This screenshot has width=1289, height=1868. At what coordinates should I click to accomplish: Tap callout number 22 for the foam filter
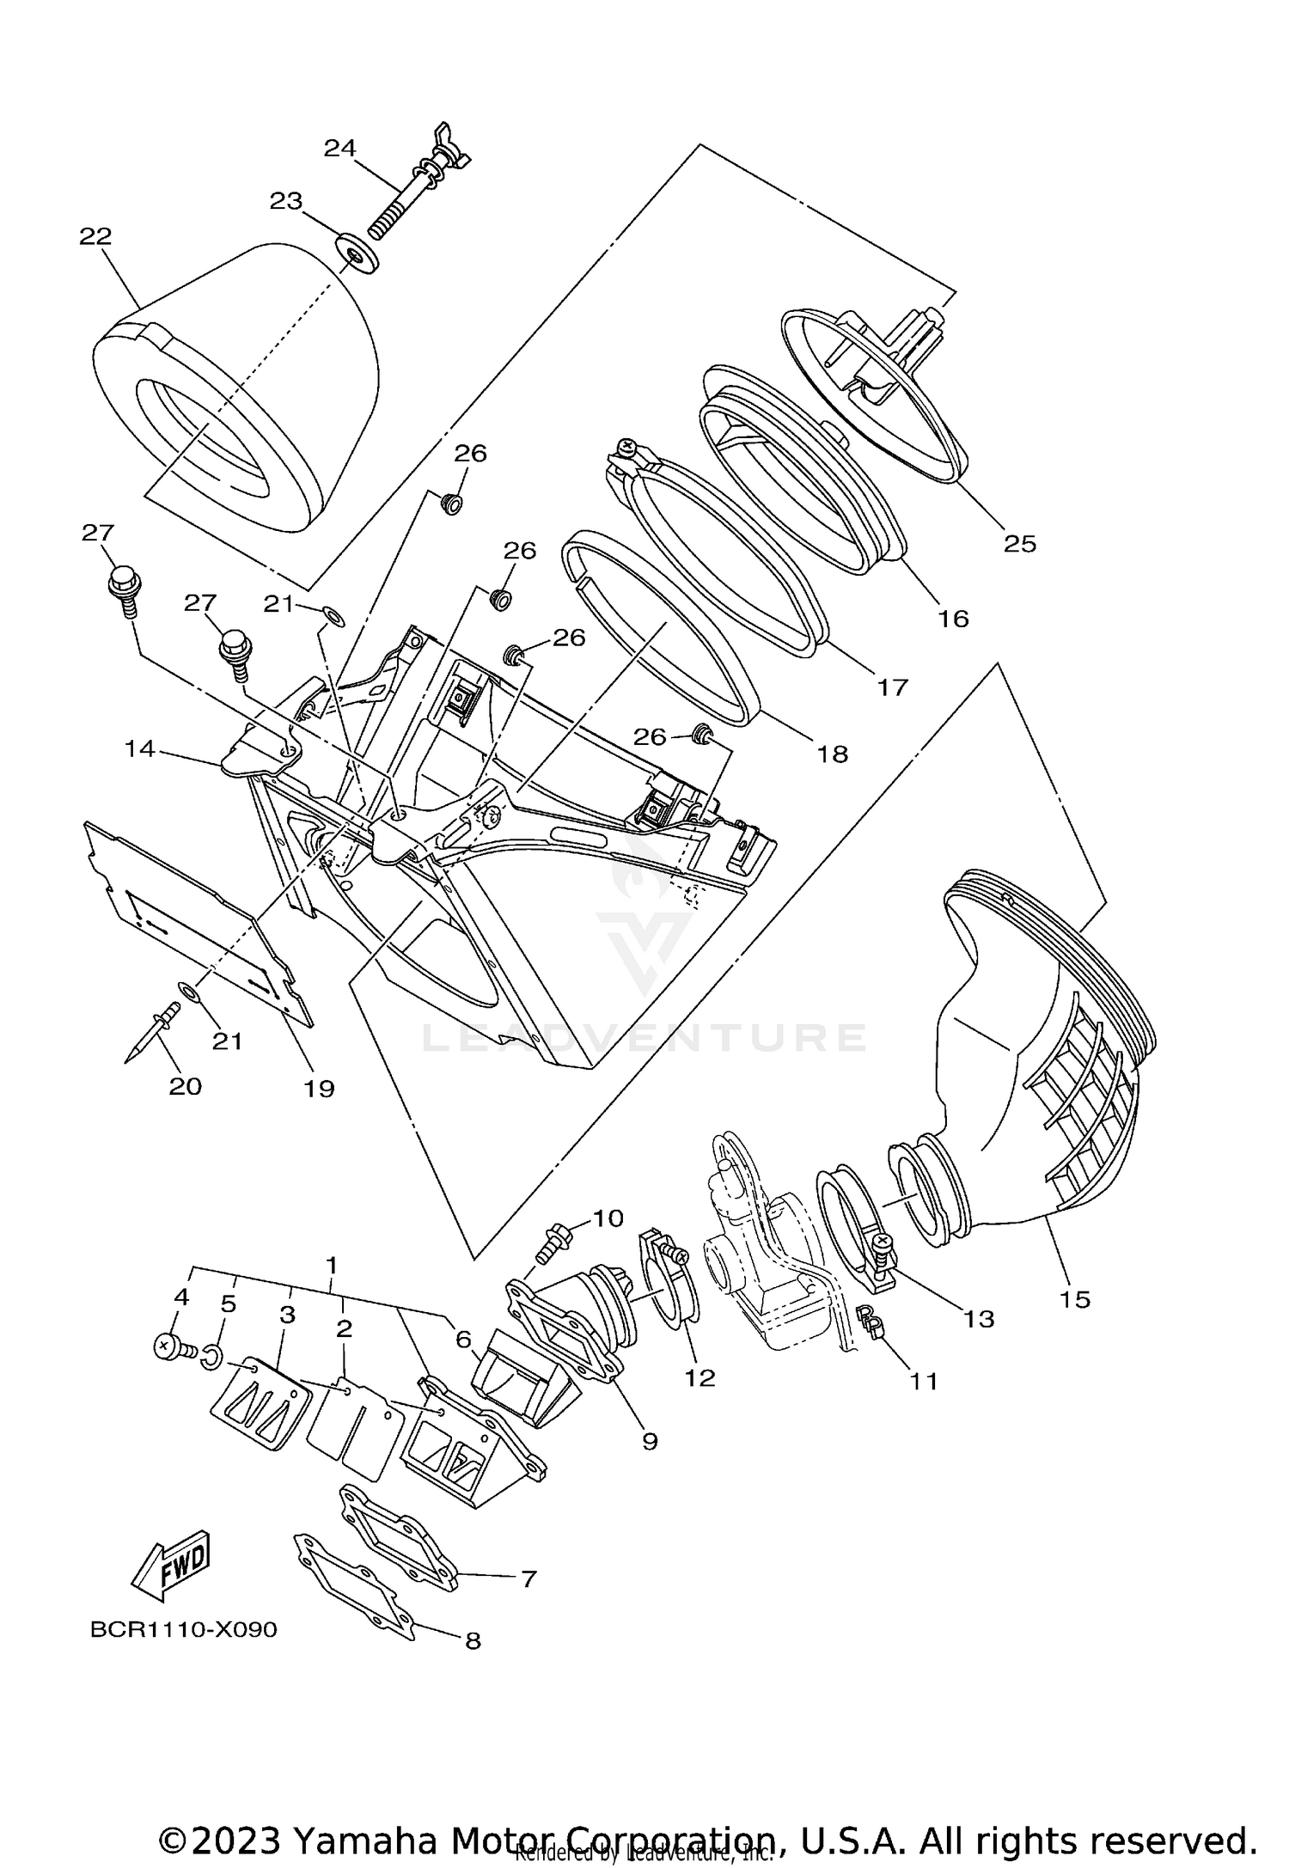pyautogui.click(x=95, y=236)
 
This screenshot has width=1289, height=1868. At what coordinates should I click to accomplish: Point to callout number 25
pyautogui.click(x=1020, y=544)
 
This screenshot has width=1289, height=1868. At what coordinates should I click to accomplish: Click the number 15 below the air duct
pyautogui.click(x=1074, y=1298)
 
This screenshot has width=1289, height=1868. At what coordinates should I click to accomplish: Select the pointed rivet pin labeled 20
pyautogui.click(x=148, y=1034)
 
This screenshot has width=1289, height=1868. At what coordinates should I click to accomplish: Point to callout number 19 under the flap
pyautogui.click(x=319, y=1089)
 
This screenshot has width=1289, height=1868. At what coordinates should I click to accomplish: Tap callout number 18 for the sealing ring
pyautogui.click(x=833, y=754)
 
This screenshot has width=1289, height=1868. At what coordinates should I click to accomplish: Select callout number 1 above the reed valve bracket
pyautogui.click(x=330, y=1265)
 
